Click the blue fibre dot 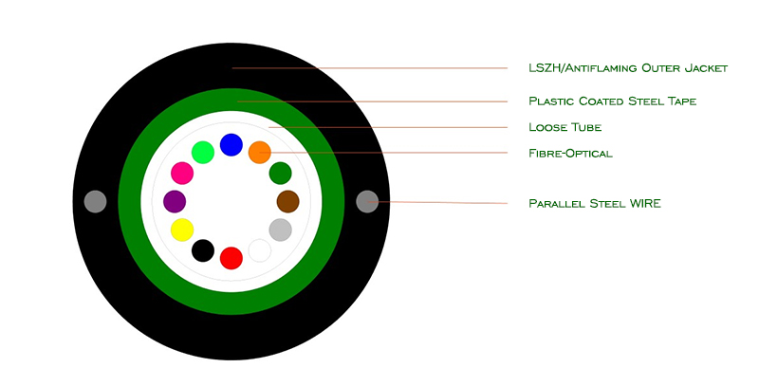(231, 145)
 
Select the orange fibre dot (259, 153)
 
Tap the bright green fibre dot (203, 153)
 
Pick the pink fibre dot (182, 173)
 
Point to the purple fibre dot (175, 201)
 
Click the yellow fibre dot (182, 230)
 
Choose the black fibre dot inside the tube (203, 250)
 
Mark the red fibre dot (231, 258)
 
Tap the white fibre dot (259, 250)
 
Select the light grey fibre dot (280, 230)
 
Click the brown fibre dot (288, 201)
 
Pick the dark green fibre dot (280, 173)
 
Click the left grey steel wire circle (96, 201)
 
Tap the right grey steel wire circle (367, 201)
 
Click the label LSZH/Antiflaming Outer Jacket (628, 68)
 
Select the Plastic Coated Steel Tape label (612, 101)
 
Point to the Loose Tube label (565, 127)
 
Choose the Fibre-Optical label (570, 154)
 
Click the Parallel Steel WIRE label (595, 203)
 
